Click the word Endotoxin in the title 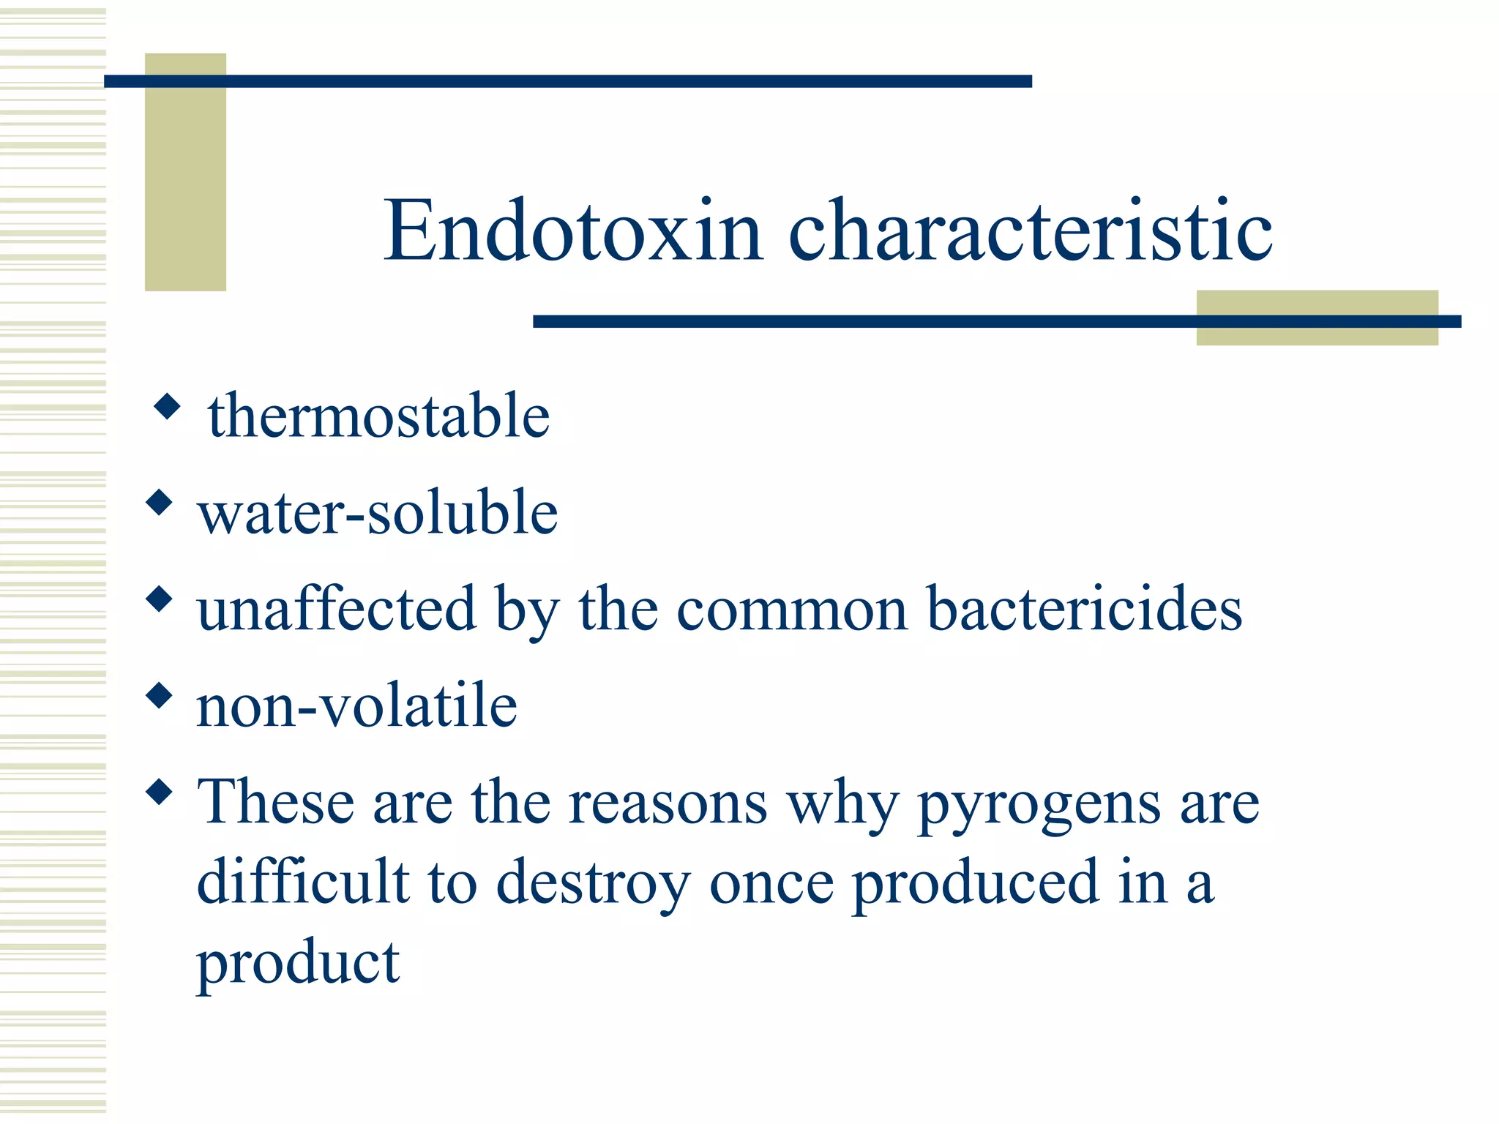click(573, 231)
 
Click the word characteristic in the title click(1030, 231)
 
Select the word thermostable click(378, 416)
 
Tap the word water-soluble click(378, 512)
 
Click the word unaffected click(337, 609)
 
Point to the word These click(275, 802)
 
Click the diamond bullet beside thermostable click(168, 406)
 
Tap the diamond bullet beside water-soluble click(159, 503)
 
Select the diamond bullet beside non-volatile click(159, 695)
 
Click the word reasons click(668, 803)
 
